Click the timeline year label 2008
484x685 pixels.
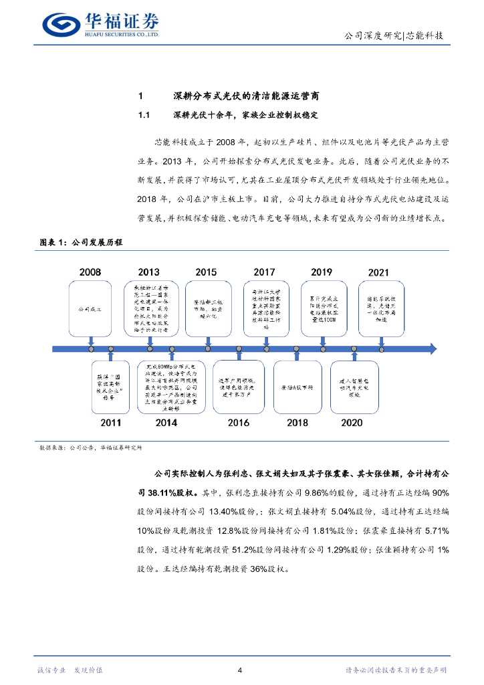[x=90, y=272]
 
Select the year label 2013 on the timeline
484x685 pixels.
[x=148, y=272]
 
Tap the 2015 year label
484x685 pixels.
[x=206, y=272]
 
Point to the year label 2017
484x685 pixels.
[x=264, y=272]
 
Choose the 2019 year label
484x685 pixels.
[x=322, y=272]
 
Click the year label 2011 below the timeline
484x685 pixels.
[x=110, y=423]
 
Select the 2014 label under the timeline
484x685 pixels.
[x=166, y=423]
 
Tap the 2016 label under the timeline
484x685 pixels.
[x=238, y=423]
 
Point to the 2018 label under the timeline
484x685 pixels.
[x=297, y=423]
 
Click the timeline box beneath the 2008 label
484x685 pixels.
[x=90, y=310]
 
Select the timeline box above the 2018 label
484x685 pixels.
[x=297, y=387]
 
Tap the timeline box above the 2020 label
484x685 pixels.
[x=353, y=387]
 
